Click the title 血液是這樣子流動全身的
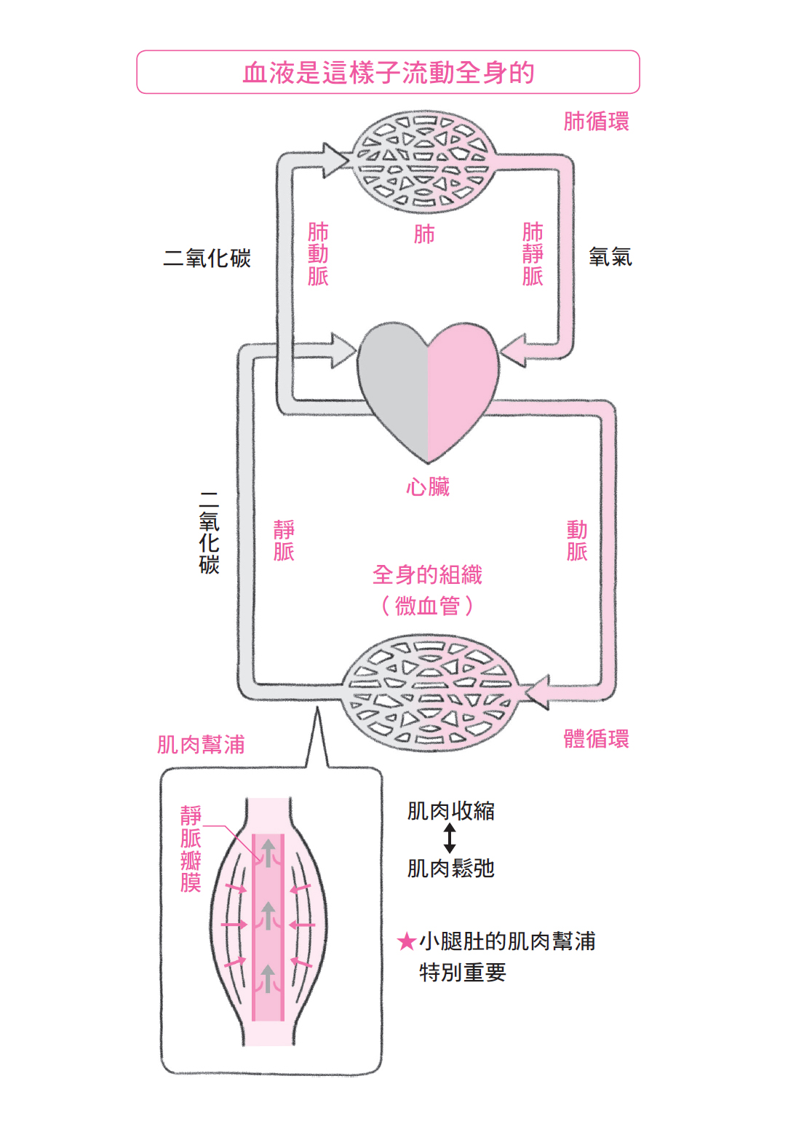pyautogui.click(x=388, y=73)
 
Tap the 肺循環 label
pyautogui.click(x=596, y=121)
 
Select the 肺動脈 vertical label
pyautogui.click(x=318, y=254)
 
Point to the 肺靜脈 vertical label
pyautogui.click(x=533, y=254)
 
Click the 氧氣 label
pyautogui.click(x=610, y=257)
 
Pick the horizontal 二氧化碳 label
pyautogui.click(x=207, y=258)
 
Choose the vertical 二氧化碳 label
pyautogui.click(x=209, y=532)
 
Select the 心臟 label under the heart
pyautogui.click(x=428, y=486)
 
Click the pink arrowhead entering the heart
pyautogui.click(x=514, y=351)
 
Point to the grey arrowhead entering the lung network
pyautogui.click(x=336, y=159)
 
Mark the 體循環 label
pyautogui.click(x=596, y=738)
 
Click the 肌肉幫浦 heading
pyautogui.click(x=201, y=744)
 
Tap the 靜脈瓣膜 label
pyautogui.click(x=191, y=848)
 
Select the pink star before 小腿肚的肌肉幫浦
pyautogui.click(x=406, y=942)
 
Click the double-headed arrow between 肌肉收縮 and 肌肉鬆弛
pyautogui.click(x=450, y=838)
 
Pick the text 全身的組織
pyautogui.click(x=427, y=575)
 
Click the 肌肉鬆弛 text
pyautogui.click(x=450, y=868)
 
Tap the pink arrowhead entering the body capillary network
pyautogui.click(x=537, y=692)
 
